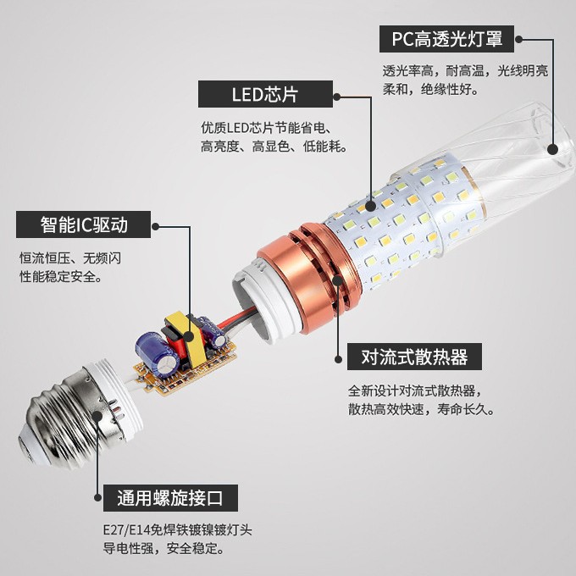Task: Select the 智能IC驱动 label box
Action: point(84,225)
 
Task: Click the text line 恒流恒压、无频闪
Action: point(70,258)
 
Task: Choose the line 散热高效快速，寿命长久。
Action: point(422,410)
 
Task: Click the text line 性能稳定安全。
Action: point(60,277)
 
